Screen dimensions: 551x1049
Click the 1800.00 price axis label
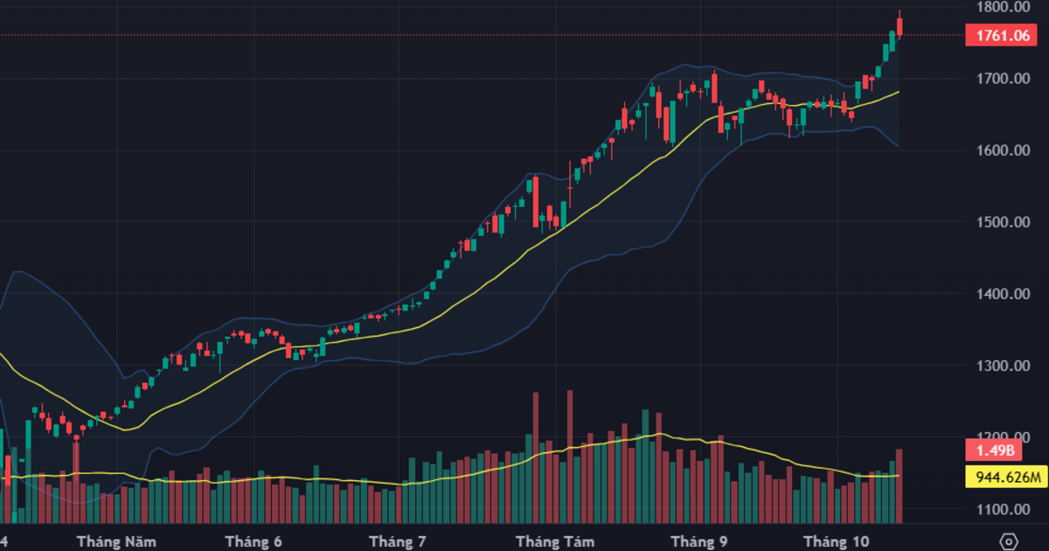click(x=1004, y=7)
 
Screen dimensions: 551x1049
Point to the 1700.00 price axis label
click(x=1004, y=79)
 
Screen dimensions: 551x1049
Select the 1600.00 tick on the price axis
click(x=1004, y=150)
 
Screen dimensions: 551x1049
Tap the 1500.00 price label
click(x=1004, y=222)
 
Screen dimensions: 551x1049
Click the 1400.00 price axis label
click(x=1004, y=294)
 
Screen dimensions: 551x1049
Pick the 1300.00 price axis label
click(x=1004, y=366)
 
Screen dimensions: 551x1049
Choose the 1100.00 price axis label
click(x=1004, y=509)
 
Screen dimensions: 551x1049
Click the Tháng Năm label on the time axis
click(x=109, y=542)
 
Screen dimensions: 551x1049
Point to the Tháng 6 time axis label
click(x=254, y=542)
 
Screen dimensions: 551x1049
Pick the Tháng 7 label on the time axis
click(x=398, y=542)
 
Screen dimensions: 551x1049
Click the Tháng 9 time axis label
click(x=698, y=542)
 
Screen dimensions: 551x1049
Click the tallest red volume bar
click(x=570, y=455)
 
